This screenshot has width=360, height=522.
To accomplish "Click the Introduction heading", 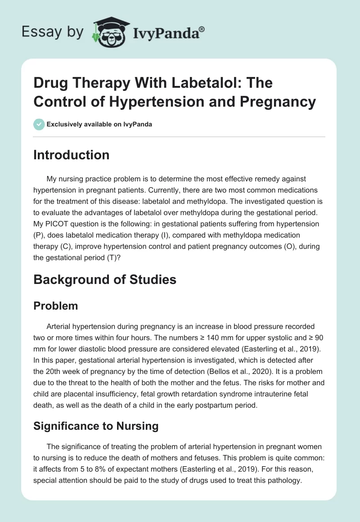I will (72, 155).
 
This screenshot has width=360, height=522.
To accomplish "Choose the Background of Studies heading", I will (105, 279).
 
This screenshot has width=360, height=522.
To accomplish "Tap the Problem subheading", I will (55, 306).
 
